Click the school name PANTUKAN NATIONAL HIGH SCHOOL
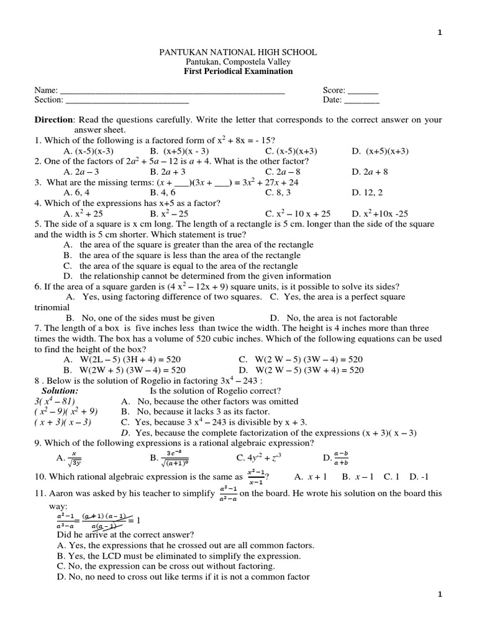pos(238,52)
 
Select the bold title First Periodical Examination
pos(238,72)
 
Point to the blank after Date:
pos(361,100)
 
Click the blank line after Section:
pos(127,100)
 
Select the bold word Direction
pos(53,119)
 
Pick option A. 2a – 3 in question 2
pos(81,171)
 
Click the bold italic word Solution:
pos(60,391)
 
